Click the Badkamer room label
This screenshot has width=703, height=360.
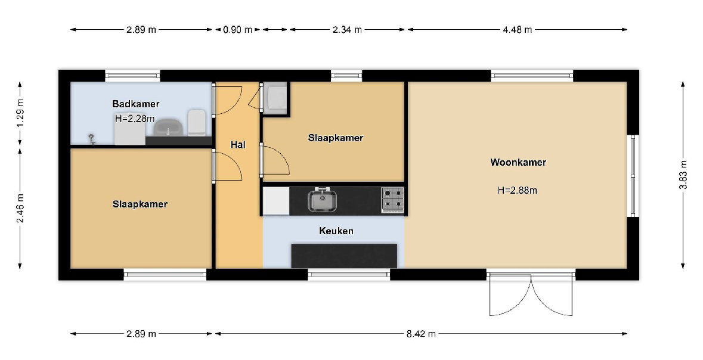pos(136,104)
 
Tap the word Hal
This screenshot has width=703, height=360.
pos(238,145)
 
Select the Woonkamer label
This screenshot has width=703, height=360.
pos(518,162)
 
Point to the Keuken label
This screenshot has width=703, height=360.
pos(336,231)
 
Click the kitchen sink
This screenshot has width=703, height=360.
pos(322,200)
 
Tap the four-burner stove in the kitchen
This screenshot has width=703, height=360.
pos(393,200)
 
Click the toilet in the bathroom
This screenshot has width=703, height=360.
pos(197,122)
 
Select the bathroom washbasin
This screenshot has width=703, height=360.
pos(168,128)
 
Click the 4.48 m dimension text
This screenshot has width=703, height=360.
pos(518,30)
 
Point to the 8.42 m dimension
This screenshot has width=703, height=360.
pos(420,334)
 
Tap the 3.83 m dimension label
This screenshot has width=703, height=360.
pos(683,175)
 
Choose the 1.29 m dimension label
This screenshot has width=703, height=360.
pos(20,113)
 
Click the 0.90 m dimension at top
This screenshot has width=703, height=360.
pos(238,30)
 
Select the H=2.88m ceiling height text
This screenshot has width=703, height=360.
pos(518,190)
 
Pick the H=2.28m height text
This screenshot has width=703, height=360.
pos(135,119)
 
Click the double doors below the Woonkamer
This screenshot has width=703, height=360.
pos(531,294)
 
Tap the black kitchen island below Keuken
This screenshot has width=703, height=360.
pos(344,256)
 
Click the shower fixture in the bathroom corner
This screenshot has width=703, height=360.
pos(92,139)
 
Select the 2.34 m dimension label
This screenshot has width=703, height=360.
pos(346,30)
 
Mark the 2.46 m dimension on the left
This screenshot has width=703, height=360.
pos(20,209)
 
